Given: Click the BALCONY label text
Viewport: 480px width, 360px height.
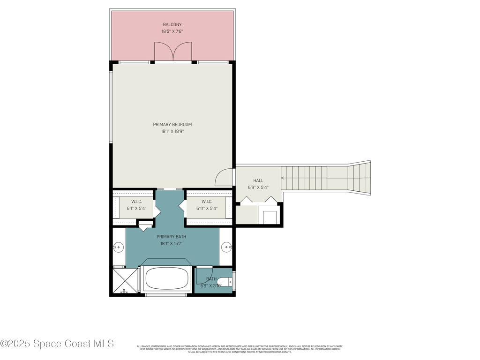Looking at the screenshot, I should tap(172, 24).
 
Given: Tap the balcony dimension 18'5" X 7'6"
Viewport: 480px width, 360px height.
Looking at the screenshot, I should tap(172, 31).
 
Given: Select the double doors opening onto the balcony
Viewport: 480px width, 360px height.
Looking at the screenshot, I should tap(173, 51).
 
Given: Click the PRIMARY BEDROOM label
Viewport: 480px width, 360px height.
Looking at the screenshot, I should tap(172, 125).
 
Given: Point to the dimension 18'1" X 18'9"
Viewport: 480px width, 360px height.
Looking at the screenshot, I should tap(172, 132).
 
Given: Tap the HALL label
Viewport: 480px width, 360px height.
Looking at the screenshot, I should tap(258, 180).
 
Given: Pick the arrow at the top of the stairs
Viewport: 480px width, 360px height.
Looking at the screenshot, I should tap(283, 178).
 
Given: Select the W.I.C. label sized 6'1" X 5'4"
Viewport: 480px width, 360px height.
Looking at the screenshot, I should tap(136, 202).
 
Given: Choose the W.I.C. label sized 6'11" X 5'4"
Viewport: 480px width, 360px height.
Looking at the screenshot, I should tap(207, 202).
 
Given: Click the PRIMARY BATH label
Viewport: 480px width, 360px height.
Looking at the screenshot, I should tap(171, 237).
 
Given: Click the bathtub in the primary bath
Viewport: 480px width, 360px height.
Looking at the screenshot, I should tap(166, 279).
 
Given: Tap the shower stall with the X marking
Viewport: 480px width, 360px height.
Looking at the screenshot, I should tap(125, 280).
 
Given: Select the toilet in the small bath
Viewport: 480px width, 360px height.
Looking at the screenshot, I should tap(228, 281).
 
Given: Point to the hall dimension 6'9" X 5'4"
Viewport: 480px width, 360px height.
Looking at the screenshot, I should tap(258, 187).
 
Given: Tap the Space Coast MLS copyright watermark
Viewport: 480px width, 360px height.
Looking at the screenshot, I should tap(57, 344).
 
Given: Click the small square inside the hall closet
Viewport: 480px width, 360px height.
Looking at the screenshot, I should tap(269, 217).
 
